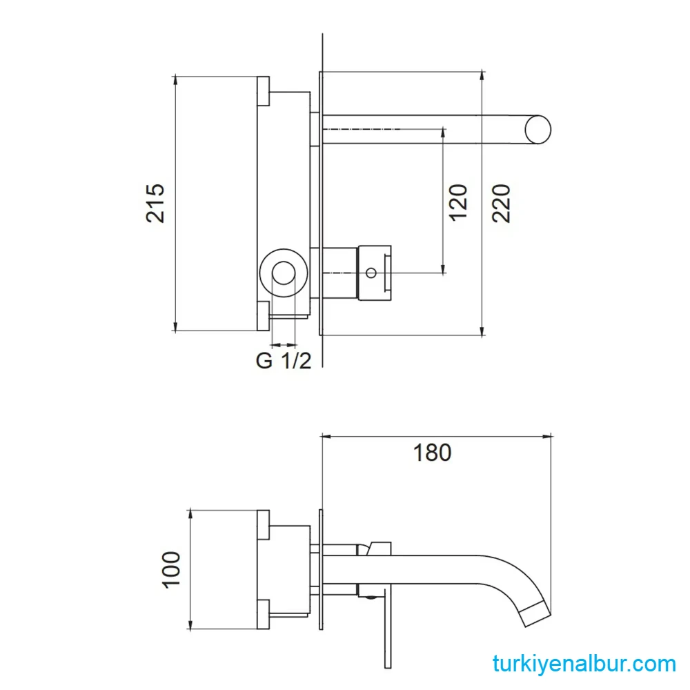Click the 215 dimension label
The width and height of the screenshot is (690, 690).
(155, 203)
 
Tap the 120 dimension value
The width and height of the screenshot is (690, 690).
(457, 202)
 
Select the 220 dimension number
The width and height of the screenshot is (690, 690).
(501, 204)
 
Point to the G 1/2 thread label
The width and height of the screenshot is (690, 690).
(284, 361)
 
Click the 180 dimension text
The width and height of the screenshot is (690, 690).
(432, 453)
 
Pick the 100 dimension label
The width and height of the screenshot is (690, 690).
(171, 569)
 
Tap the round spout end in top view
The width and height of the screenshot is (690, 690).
(538, 130)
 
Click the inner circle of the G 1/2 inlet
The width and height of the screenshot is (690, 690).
(284, 273)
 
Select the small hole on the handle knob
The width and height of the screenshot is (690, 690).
(371, 273)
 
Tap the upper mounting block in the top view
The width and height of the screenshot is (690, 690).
(263, 91)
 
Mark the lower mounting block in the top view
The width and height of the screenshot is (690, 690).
(263, 316)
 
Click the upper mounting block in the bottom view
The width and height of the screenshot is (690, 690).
(263, 524)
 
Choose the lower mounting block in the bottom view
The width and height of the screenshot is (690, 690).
(263, 614)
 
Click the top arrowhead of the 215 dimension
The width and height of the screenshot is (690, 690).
(175, 81)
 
